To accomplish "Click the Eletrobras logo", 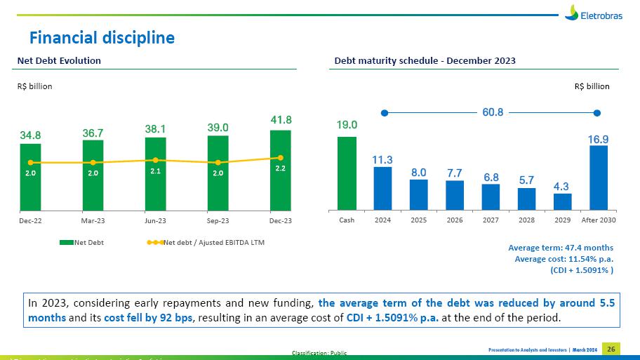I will (x=592, y=13).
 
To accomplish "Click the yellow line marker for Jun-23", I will (x=155, y=160).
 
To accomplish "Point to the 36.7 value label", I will (x=93, y=132).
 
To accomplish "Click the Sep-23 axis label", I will (x=218, y=220).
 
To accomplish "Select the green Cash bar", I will (x=347, y=173).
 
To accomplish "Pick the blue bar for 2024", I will (x=382, y=188).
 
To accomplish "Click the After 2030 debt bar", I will (x=599, y=178).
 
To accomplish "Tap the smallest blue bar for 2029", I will (x=562, y=201).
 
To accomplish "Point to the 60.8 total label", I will (x=491, y=112).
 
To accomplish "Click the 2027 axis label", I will (x=491, y=220).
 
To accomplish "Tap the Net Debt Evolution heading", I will (x=59, y=61).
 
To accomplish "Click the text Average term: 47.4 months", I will (x=560, y=248).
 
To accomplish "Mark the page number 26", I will (x=611, y=349).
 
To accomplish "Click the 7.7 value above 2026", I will (x=454, y=173).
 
